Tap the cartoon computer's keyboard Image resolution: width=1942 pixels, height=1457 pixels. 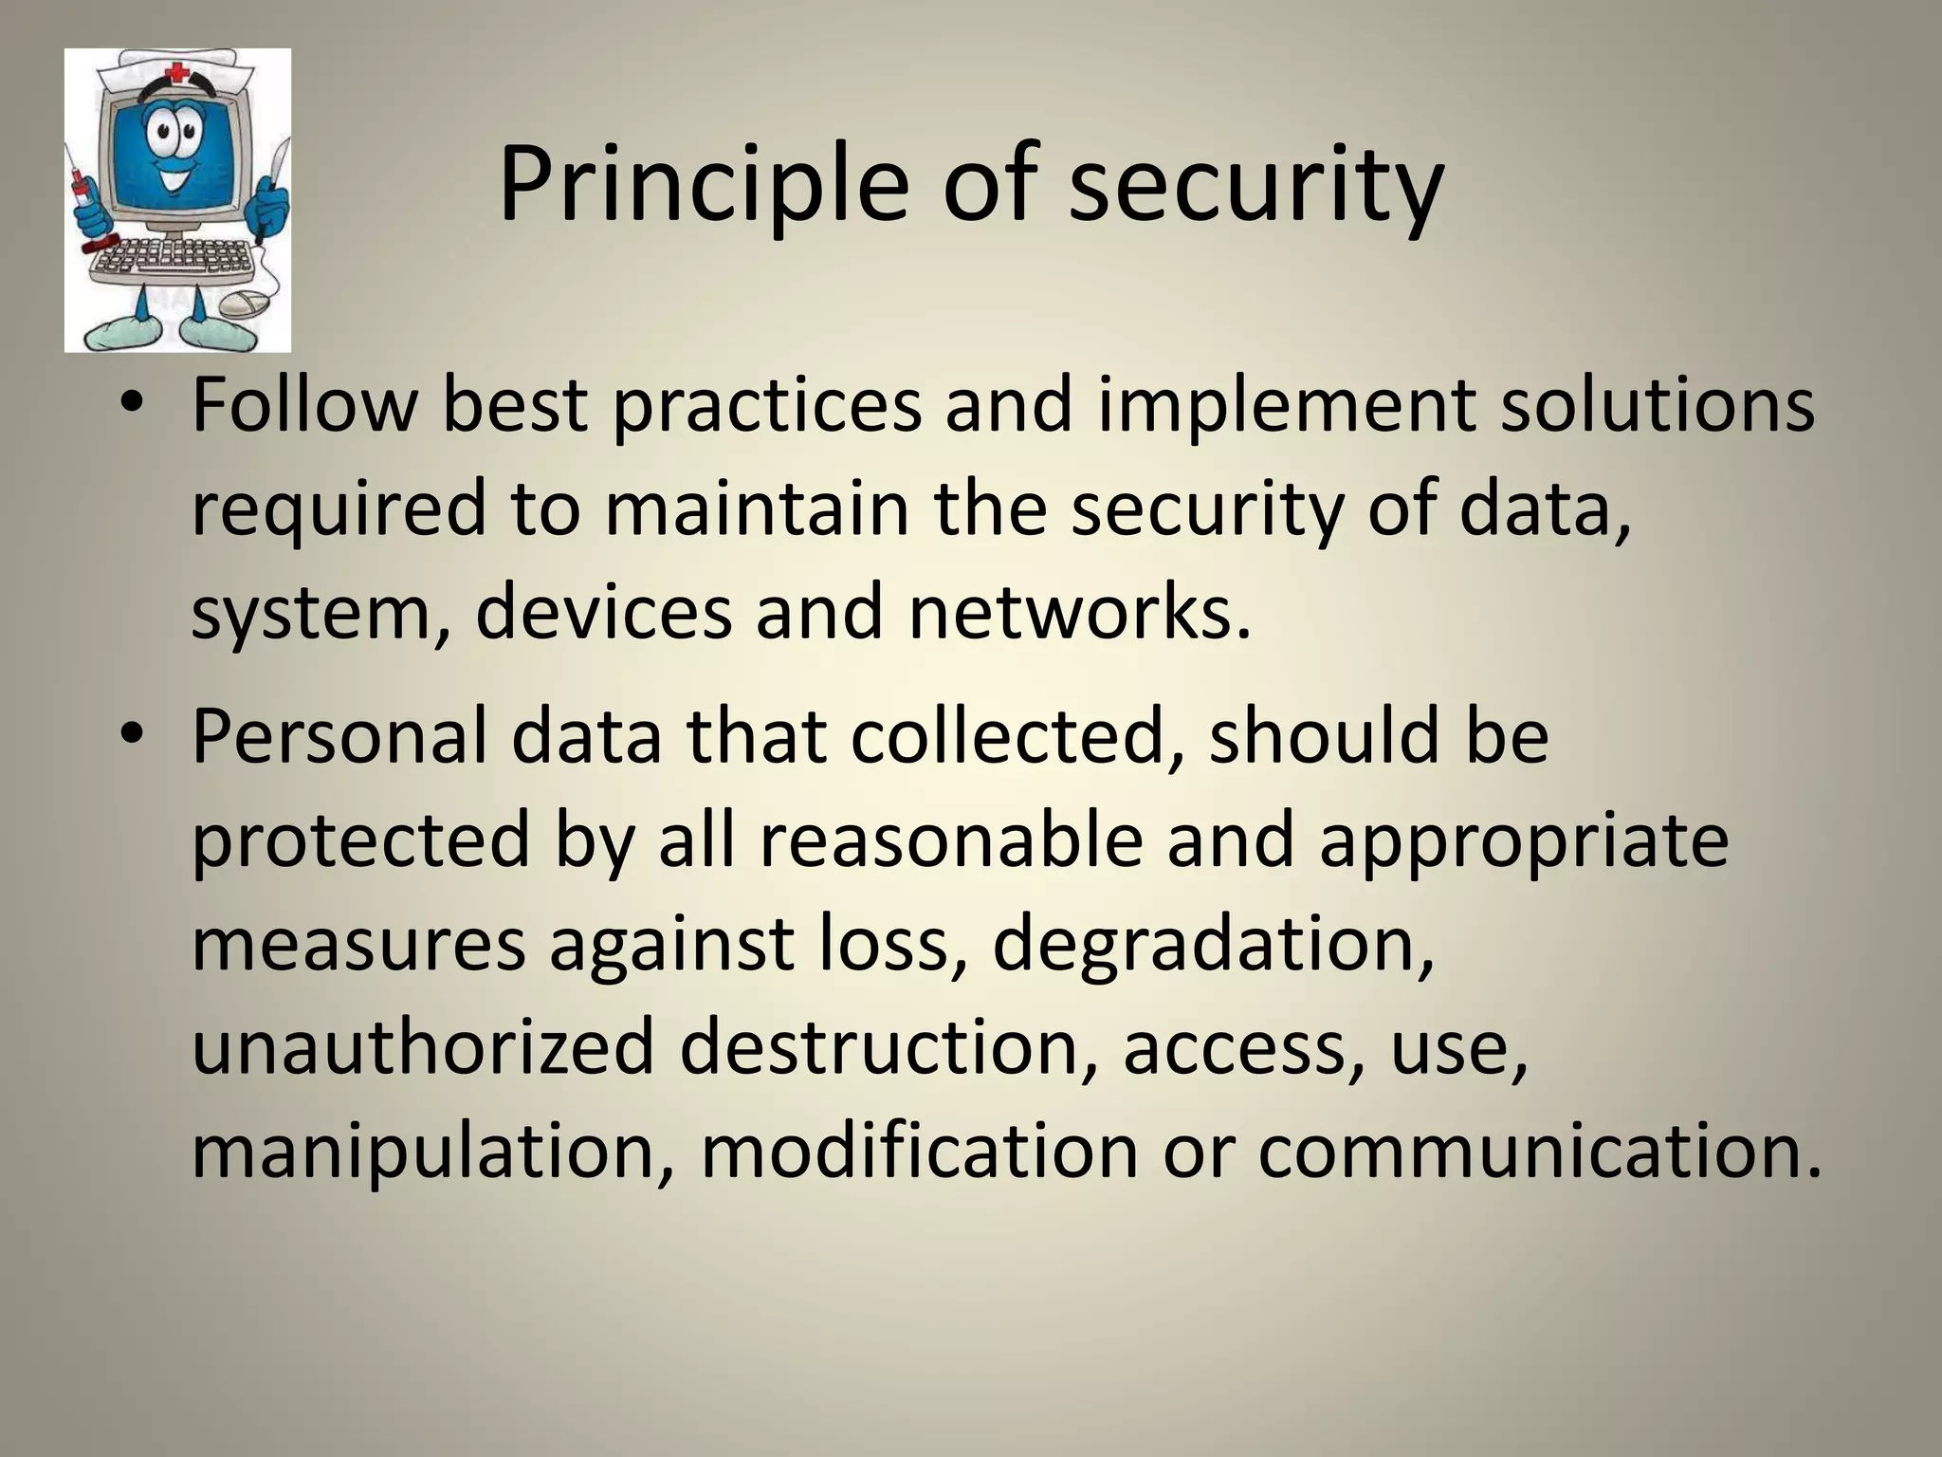click(171, 259)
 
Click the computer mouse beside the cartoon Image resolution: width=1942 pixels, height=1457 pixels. click(242, 304)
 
